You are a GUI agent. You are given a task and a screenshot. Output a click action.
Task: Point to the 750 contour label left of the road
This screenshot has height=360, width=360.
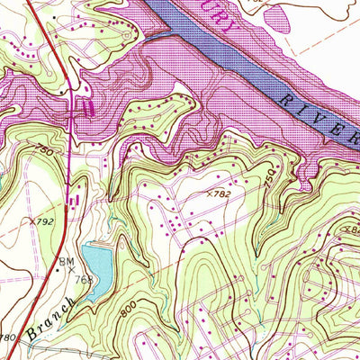pyautogui.click(x=44, y=155)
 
